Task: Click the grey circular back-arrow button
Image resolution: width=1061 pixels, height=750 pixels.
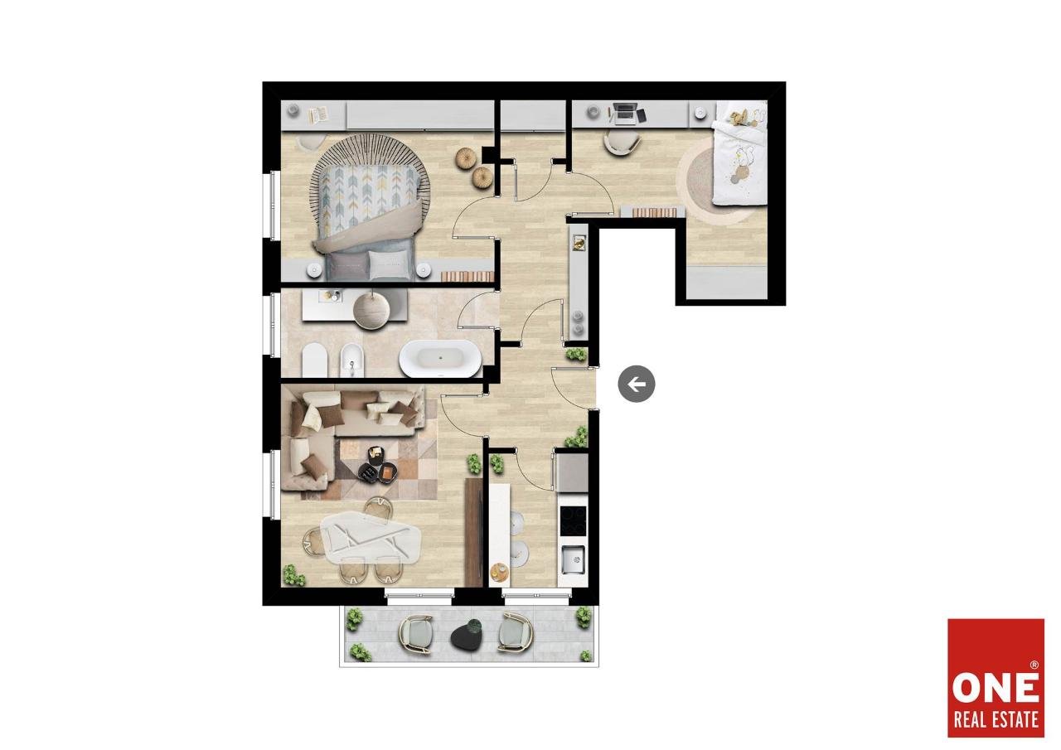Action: coord(636,384)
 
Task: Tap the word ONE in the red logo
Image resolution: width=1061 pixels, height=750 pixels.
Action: coord(996,688)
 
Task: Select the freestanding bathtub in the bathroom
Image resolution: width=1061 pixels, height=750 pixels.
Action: coord(440,358)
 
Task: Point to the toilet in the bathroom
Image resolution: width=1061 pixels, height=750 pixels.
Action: coord(314,360)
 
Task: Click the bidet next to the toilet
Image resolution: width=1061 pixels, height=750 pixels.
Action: coord(351,360)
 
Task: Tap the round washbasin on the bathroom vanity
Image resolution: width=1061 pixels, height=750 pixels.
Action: coord(371,311)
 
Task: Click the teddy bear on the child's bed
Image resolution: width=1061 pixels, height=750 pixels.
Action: coord(739,118)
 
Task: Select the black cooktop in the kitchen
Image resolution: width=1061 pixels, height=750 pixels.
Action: coord(573,520)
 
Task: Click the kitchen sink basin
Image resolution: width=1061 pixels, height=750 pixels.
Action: coord(573,559)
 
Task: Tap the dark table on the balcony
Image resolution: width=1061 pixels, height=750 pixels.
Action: coord(467,635)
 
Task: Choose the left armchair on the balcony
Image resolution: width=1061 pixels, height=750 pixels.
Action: coord(416,635)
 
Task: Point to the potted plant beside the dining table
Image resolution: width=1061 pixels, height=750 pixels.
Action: coord(294,575)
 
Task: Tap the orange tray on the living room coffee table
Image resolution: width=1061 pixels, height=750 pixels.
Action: coord(386,472)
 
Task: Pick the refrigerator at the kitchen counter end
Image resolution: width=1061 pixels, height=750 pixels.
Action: coord(573,473)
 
